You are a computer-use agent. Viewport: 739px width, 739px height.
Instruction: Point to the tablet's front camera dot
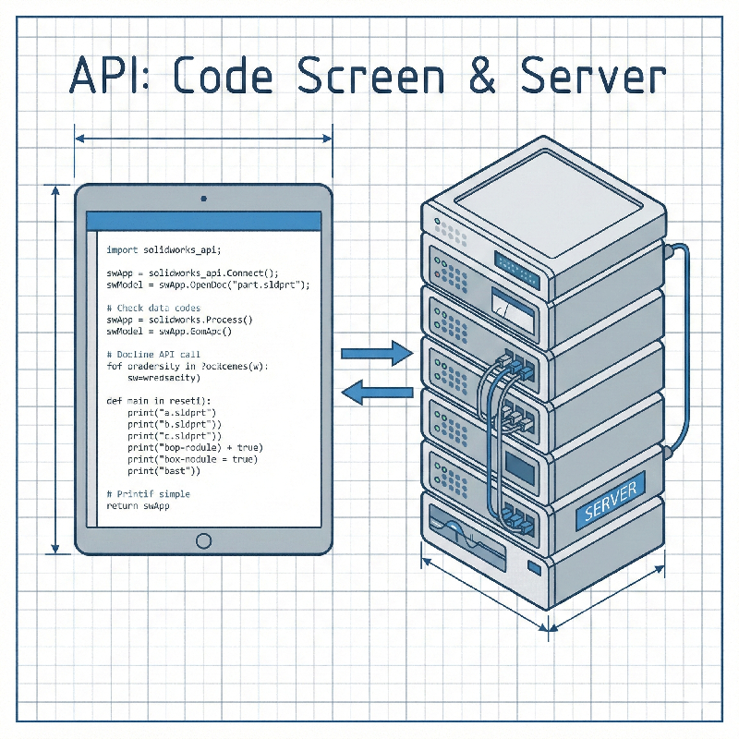click(x=203, y=198)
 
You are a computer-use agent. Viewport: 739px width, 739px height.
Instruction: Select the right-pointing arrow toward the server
click(x=375, y=353)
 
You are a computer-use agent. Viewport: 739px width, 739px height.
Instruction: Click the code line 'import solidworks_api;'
click(x=164, y=249)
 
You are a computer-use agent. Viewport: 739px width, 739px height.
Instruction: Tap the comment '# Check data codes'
click(x=153, y=308)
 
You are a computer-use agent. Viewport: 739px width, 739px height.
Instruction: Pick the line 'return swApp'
click(x=139, y=506)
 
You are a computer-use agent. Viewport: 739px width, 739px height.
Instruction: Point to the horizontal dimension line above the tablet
click(x=203, y=139)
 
